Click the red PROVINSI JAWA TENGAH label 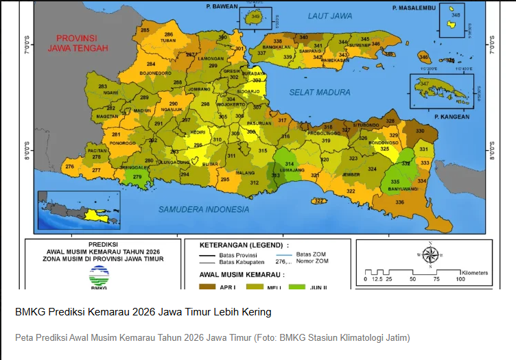click(x=78, y=43)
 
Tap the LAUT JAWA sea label click(x=330, y=15)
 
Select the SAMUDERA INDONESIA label click(x=203, y=208)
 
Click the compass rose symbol click(x=430, y=254)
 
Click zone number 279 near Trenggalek click(x=137, y=178)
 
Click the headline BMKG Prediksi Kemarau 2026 click(x=143, y=312)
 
